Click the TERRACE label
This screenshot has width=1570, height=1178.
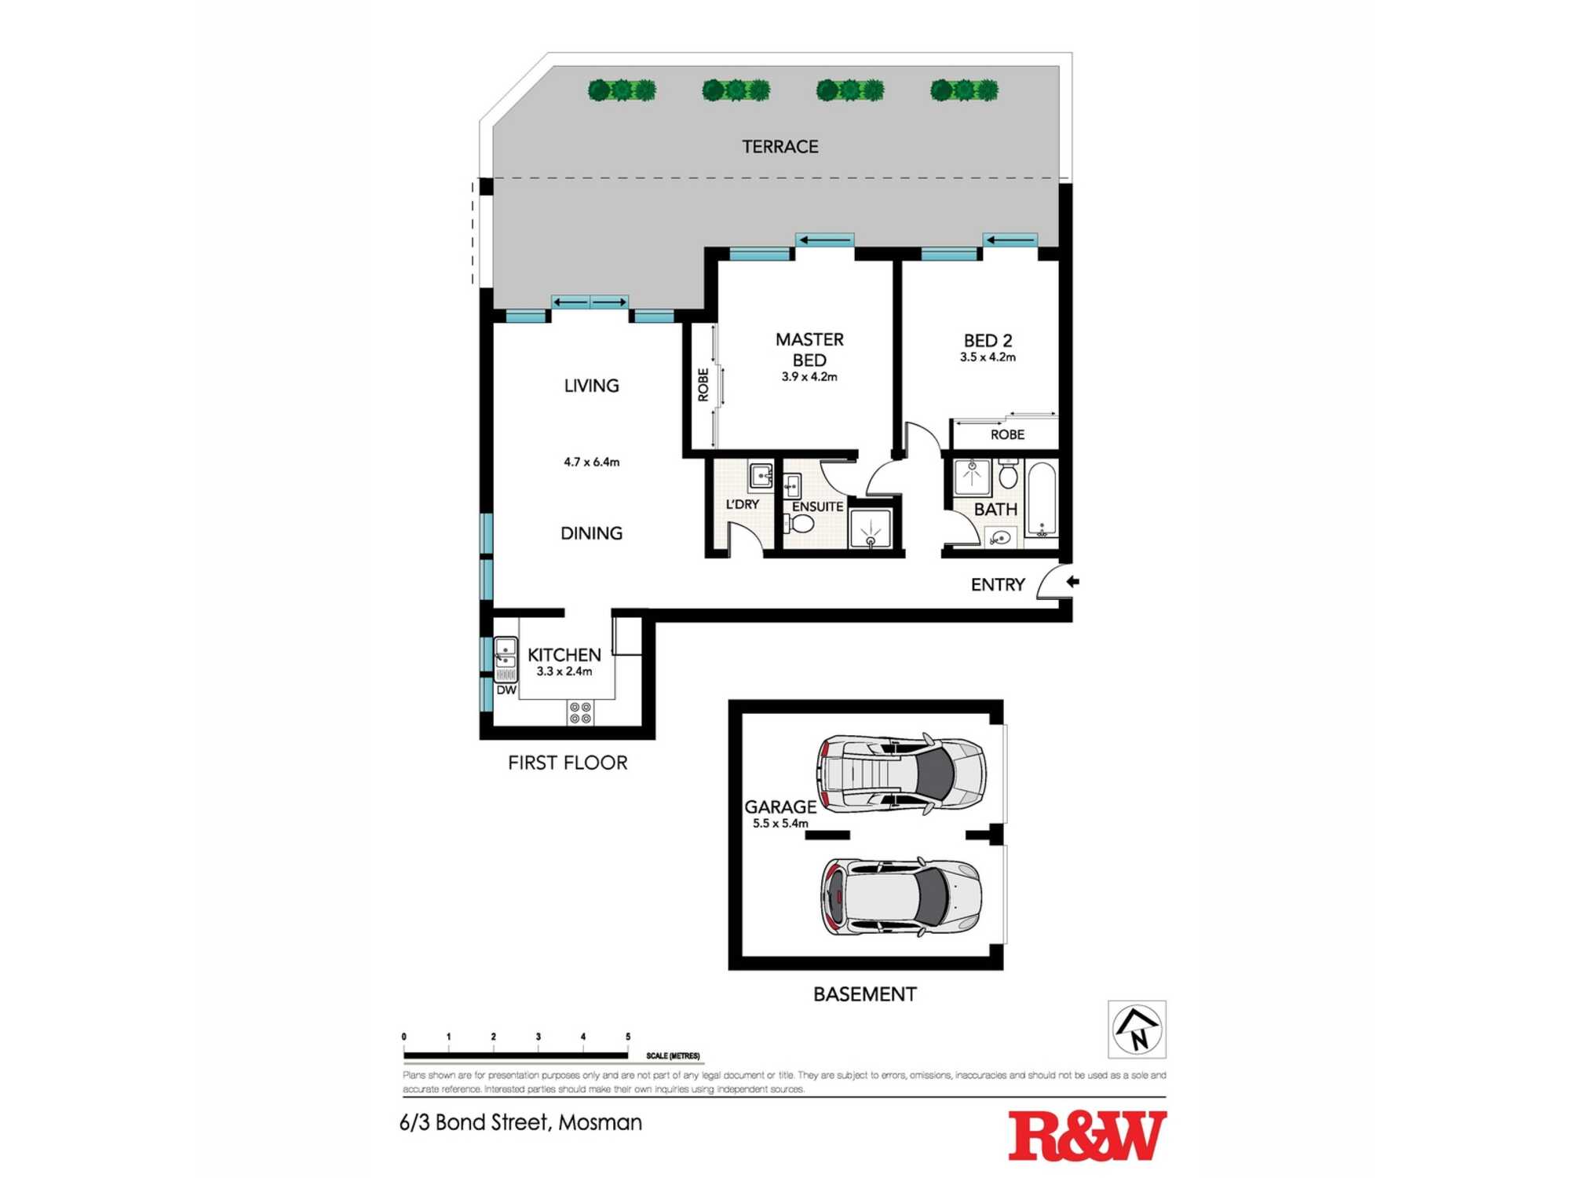780,147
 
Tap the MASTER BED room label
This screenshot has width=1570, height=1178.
809,349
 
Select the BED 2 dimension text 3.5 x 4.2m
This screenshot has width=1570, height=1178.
988,357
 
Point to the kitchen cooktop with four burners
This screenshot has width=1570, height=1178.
581,713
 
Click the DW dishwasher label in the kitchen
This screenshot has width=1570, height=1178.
506,690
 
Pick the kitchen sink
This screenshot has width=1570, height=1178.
506,658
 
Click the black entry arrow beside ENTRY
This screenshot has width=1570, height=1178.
1072,582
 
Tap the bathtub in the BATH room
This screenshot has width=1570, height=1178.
1042,499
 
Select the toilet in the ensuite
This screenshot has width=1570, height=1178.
800,522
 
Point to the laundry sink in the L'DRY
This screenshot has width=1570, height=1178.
760,476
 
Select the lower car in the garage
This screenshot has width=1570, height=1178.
900,897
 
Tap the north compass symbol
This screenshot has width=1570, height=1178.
1137,1030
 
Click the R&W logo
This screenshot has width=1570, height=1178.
1086,1136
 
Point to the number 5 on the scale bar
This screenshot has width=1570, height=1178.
627,1037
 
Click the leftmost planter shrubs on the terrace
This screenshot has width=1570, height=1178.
622,90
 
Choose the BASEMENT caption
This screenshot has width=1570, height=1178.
864,994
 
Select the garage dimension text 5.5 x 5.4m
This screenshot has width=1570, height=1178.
780,824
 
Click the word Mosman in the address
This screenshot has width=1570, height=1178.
601,1123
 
